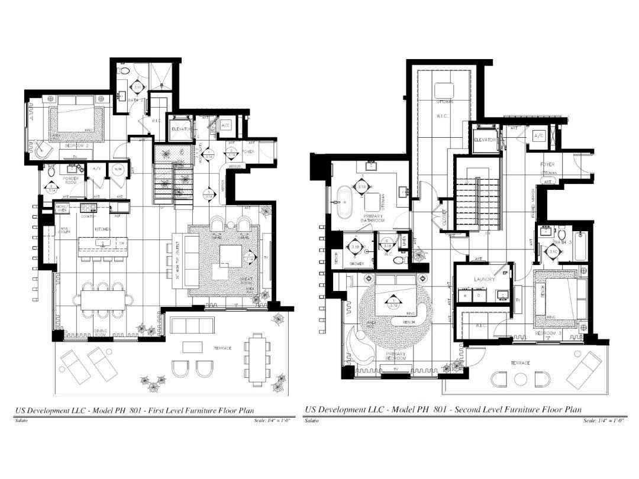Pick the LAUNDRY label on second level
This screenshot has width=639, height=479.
[x=484, y=279]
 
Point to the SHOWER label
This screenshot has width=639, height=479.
[x=356, y=264]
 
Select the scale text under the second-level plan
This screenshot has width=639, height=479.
[x=604, y=420]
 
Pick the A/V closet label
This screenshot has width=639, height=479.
[x=97, y=169]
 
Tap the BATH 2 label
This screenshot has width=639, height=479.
[x=137, y=101]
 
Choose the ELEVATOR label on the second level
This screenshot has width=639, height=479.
[x=485, y=140]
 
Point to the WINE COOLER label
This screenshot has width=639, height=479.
[x=64, y=231]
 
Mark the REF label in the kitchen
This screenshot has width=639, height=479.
[x=117, y=216]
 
